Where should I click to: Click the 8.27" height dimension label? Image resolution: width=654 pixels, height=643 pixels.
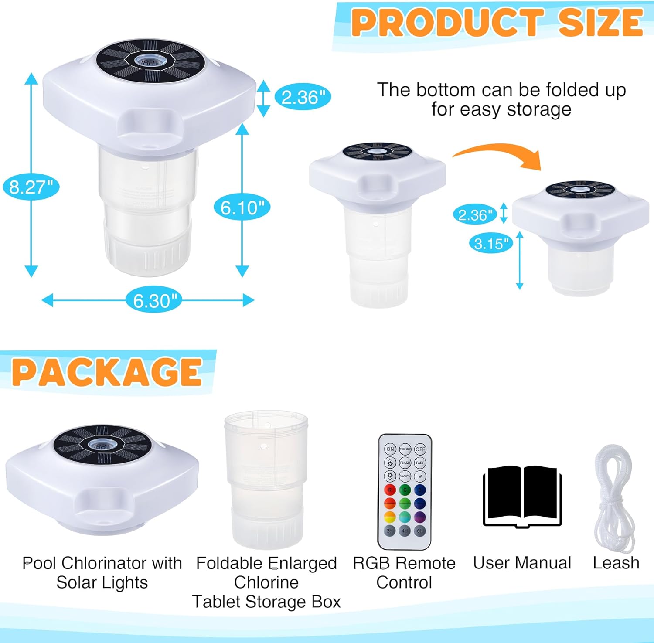point(31,187)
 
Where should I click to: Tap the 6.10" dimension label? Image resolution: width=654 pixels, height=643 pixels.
point(242,208)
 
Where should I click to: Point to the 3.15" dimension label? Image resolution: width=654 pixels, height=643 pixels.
point(491,243)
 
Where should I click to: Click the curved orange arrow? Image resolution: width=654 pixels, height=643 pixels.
point(497,155)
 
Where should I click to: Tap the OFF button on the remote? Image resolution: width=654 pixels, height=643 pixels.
point(420,449)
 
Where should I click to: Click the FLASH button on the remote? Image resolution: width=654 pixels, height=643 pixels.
point(405,463)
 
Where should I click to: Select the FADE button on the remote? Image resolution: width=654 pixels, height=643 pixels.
point(420,463)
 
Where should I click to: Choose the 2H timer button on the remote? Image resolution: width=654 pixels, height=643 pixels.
point(390,531)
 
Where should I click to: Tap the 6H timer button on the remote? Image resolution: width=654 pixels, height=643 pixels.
point(420,531)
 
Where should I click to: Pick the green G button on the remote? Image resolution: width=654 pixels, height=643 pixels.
point(405,490)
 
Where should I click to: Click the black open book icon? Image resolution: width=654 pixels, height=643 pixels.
point(522,497)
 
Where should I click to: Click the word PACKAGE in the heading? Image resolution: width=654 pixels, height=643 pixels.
point(107,372)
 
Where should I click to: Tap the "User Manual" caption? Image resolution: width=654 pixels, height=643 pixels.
point(522,563)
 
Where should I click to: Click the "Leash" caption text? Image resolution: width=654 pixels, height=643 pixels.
point(616,563)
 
